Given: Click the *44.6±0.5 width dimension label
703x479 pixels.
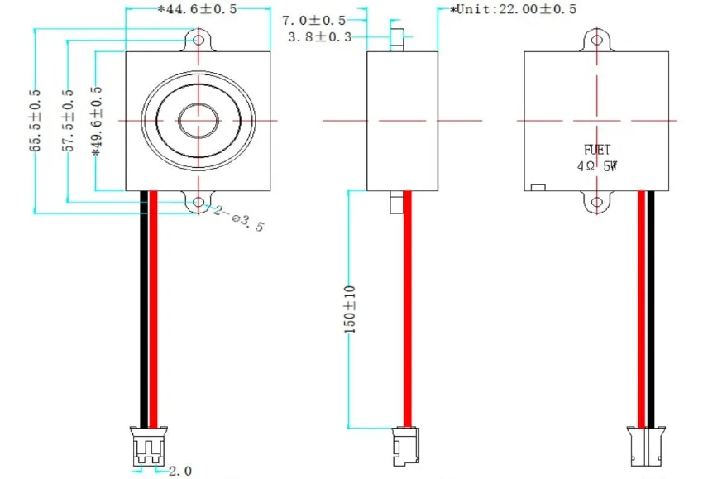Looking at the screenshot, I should pos(197,10).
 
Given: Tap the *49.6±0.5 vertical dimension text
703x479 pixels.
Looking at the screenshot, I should pos(97,121).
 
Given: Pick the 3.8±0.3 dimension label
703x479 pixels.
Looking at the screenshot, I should pos(319,37).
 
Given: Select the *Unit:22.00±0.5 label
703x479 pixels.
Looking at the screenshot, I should pos(513,9).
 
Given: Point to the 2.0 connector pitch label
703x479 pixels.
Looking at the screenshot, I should pos(180,471).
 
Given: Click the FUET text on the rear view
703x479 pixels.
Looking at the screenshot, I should pos(597,150).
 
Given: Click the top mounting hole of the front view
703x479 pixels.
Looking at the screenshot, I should pos(198,39).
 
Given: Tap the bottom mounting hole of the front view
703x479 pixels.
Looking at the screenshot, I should pos(198,201).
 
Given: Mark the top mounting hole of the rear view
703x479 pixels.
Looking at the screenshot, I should pos(597,39).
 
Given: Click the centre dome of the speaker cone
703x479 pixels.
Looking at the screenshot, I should pos(198,121).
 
